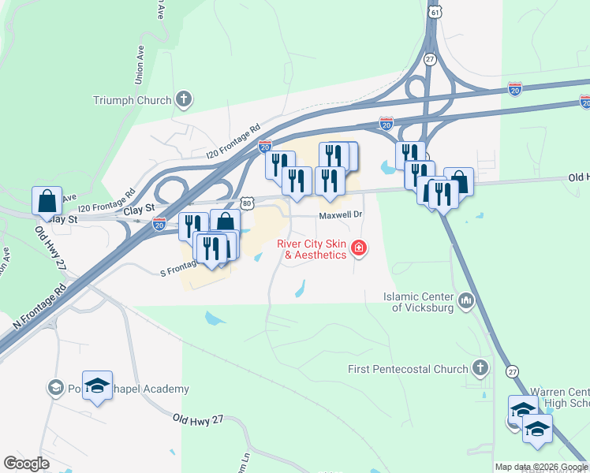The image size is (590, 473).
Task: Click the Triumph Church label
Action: (x=132, y=100)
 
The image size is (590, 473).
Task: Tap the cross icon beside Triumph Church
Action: (x=184, y=99)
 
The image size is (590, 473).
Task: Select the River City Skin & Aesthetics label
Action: (x=311, y=249)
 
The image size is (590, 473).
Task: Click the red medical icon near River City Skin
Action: (x=359, y=249)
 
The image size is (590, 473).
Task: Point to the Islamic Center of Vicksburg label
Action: (x=419, y=302)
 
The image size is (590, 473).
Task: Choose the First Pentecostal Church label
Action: (x=408, y=369)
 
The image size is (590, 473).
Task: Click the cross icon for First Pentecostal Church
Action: (x=480, y=368)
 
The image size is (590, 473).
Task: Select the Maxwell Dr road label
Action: (x=340, y=214)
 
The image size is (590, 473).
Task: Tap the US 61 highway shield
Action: (x=435, y=13)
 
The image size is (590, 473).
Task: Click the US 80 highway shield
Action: (x=248, y=203)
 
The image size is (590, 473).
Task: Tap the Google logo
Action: (x=27, y=464)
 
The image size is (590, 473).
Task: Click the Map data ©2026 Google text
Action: (x=541, y=467)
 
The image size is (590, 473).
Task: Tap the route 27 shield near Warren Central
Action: (x=513, y=371)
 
